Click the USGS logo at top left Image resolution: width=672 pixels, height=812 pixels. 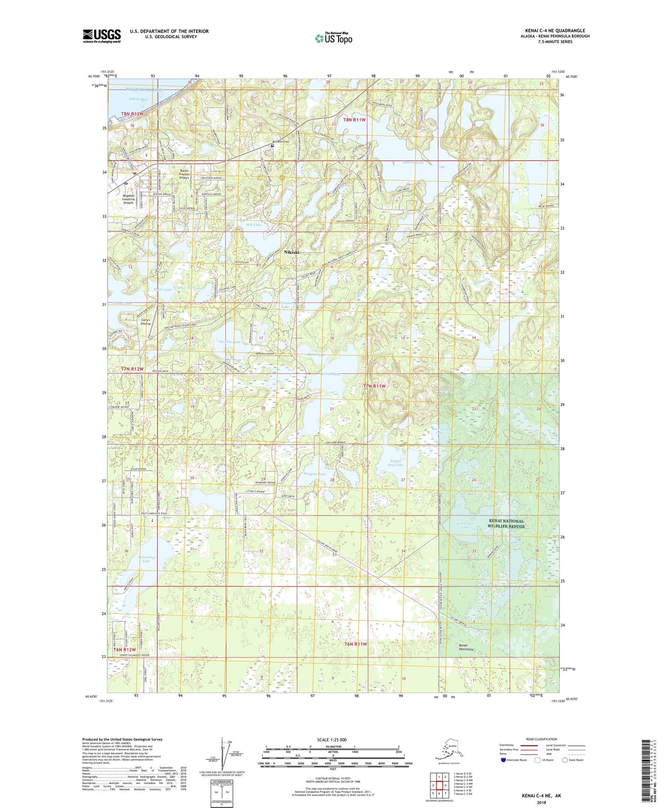(x=101, y=36)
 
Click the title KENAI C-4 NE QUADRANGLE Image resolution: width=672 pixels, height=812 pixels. (x=555, y=31)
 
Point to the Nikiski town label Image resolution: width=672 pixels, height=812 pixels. (x=292, y=252)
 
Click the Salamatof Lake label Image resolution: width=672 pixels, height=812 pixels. (x=146, y=559)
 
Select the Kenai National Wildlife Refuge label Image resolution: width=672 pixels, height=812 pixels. (x=506, y=524)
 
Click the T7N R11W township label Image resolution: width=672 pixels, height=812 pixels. (x=374, y=386)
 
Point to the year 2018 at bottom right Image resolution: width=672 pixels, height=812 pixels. (x=541, y=802)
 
